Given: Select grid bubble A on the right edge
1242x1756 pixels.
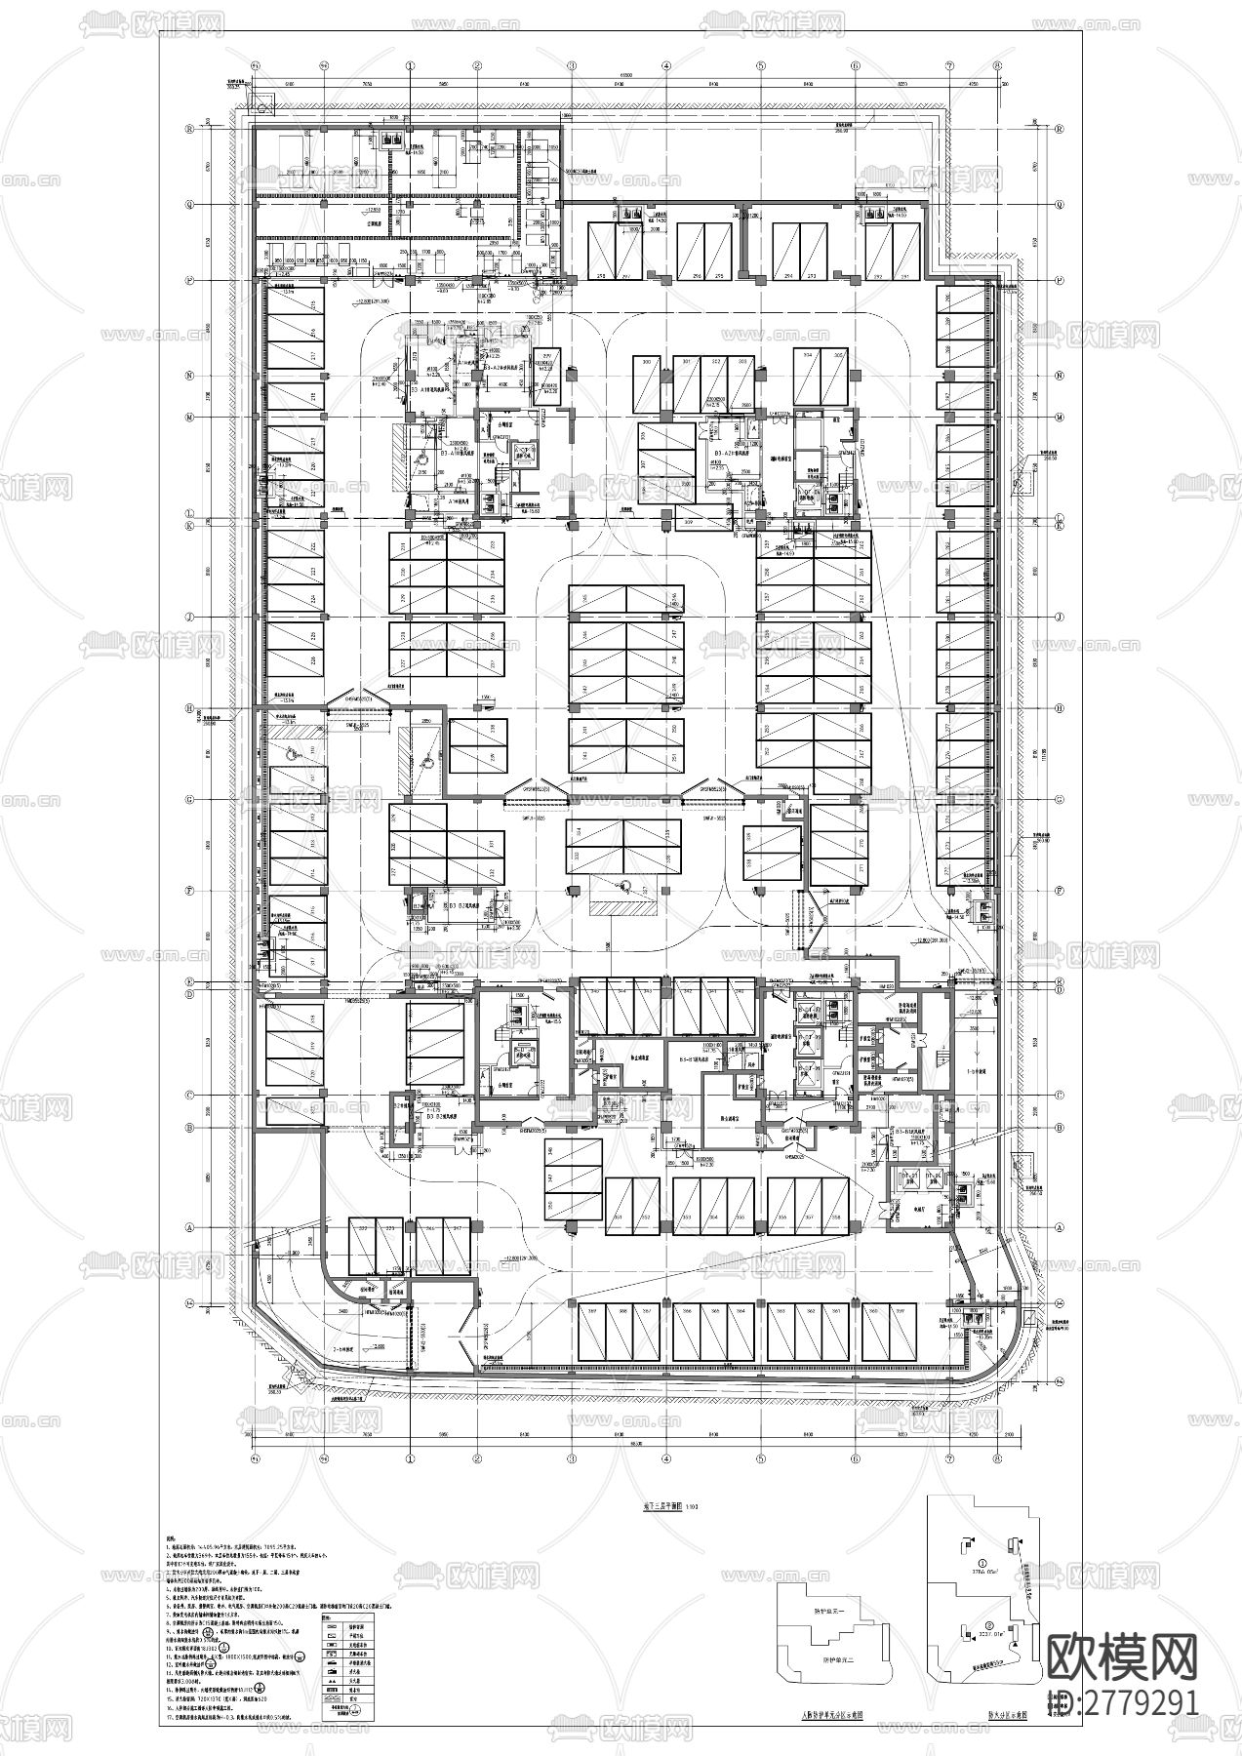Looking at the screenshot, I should click(x=1061, y=1227).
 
